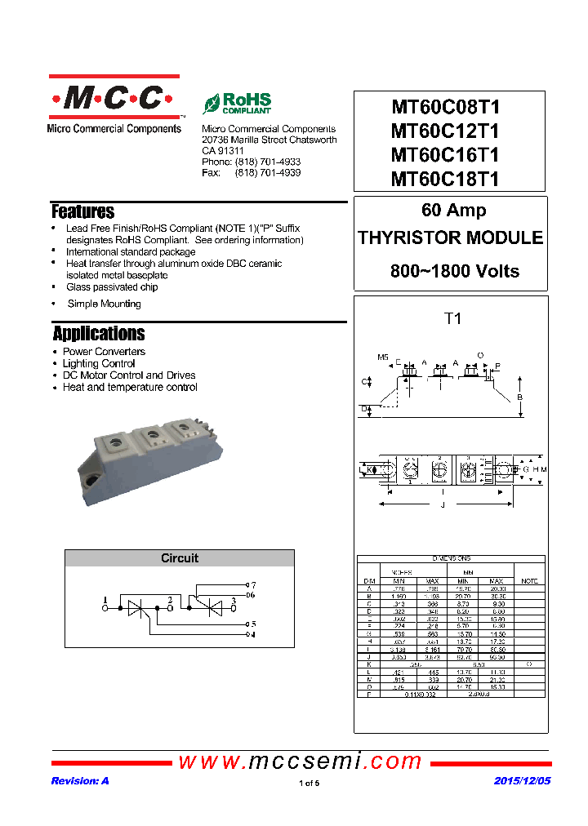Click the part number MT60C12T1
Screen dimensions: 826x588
(445, 131)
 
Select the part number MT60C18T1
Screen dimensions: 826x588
(445, 179)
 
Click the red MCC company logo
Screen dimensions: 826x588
(114, 100)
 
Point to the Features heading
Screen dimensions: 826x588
(82, 212)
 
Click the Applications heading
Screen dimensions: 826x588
(99, 334)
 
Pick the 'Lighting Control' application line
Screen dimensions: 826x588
(99, 363)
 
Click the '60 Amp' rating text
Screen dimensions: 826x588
(453, 211)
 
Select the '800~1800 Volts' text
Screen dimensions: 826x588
(454, 271)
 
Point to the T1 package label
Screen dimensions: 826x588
(452, 319)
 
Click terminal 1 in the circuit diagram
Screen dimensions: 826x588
(105, 602)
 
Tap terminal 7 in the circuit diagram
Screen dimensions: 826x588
(253, 585)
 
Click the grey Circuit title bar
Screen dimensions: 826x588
(180, 558)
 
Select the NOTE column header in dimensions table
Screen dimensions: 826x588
(529, 580)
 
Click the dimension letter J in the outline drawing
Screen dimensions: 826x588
(442, 505)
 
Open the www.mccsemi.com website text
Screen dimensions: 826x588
(301, 762)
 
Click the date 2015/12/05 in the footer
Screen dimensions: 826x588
(523, 781)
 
